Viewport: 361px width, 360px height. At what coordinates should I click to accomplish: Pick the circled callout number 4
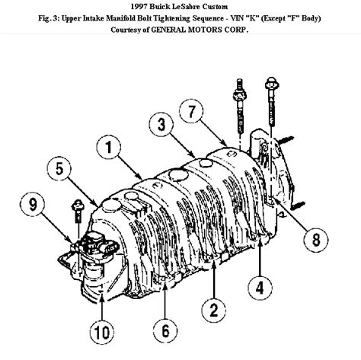coord(260,288)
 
